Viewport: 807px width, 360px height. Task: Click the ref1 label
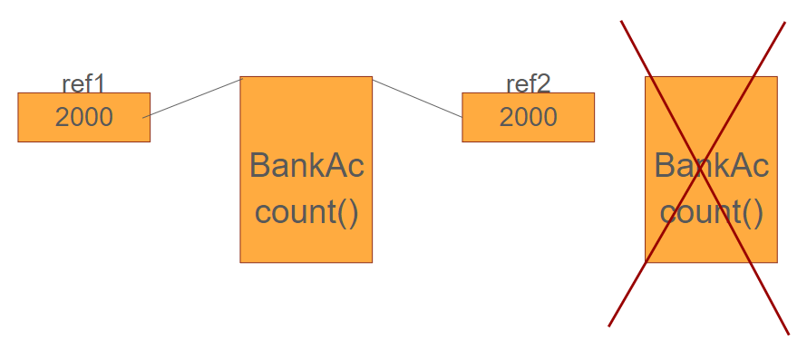(x=83, y=84)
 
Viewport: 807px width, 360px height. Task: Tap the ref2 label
(x=528, y=84)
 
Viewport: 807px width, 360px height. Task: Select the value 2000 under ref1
(x=83, y=117)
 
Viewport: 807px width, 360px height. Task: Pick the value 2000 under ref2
(x=528, y=117)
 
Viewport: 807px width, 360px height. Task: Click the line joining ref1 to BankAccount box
(x=192, y=98)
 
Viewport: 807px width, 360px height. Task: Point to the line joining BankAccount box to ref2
(x=417, y=98)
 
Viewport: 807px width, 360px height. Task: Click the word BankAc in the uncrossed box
(x=306, y=166)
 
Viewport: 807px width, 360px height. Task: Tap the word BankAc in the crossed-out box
(x=711, y=166)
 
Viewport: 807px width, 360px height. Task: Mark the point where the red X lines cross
(x=698, y=175)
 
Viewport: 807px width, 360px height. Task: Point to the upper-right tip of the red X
(x=784, y=22)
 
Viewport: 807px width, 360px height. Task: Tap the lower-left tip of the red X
(x=608, y=326)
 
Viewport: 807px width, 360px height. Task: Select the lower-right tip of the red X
(x=788, y=333)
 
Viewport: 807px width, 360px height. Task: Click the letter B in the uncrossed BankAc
(x=260, y=166)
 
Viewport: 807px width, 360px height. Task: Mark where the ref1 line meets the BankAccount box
(x=241, y=80)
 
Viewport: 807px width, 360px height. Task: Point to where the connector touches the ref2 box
(x=462, y=116)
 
